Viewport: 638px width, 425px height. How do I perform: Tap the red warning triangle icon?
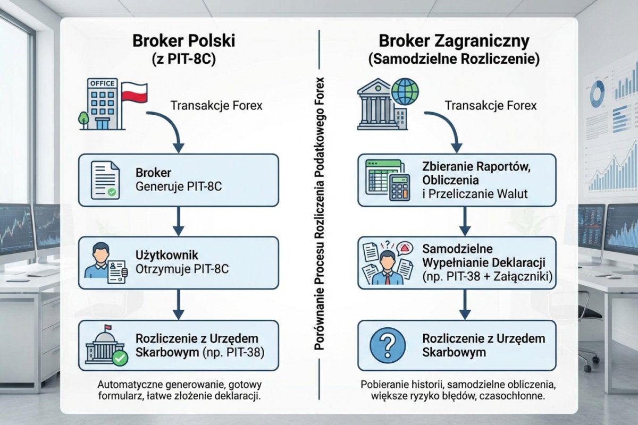click(x=405, y=248)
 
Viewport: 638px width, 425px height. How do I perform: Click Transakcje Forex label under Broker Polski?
click(x=216, y=105)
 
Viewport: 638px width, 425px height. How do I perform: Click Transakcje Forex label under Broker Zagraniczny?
click(x=491, y=105)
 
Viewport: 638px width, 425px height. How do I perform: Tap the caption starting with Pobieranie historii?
click(x=457, y=389)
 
